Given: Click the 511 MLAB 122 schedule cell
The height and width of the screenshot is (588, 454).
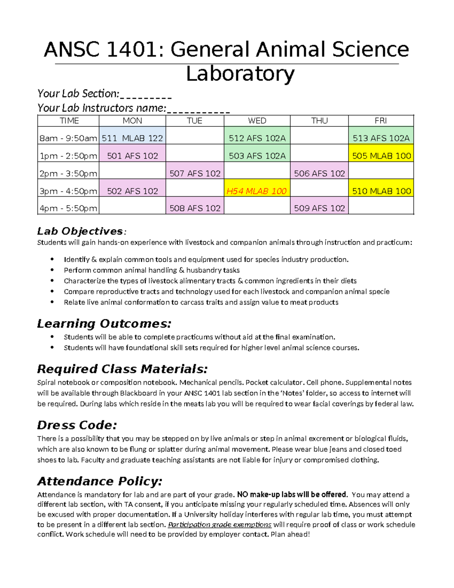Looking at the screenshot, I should tap(132, 138).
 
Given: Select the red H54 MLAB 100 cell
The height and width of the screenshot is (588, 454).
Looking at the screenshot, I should tap(257, 191).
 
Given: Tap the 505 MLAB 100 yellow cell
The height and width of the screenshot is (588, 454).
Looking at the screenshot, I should tap(381, 156).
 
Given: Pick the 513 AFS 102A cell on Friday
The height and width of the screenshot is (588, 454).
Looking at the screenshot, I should tap(381, 138).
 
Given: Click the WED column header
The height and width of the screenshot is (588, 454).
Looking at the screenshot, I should tap(257, 121).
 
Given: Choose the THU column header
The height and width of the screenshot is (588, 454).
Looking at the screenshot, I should tap(319, 121).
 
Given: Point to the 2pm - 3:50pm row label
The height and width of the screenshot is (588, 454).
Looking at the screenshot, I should tap(68, 174).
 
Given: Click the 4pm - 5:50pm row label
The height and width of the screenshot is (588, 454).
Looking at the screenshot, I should tap(68, 208).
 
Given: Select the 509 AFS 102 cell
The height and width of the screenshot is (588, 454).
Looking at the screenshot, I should tap(319, 208).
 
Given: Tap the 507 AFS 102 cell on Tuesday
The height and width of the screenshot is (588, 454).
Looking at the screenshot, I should tap(195, 174).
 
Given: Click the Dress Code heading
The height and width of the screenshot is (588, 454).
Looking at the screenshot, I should tap(77, 425).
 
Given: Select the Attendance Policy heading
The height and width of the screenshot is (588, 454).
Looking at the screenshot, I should tap(100, 481).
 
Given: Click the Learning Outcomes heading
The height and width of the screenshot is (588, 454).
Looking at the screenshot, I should tap(104, 324).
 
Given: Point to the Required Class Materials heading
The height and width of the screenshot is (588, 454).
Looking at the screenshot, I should tap(122, 369).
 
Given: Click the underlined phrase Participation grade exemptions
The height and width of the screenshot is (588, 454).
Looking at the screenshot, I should tap(219, 525).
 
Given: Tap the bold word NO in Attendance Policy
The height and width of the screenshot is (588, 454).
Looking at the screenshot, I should tap(242, 494).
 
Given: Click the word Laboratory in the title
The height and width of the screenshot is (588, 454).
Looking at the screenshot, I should tap(240, 74).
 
